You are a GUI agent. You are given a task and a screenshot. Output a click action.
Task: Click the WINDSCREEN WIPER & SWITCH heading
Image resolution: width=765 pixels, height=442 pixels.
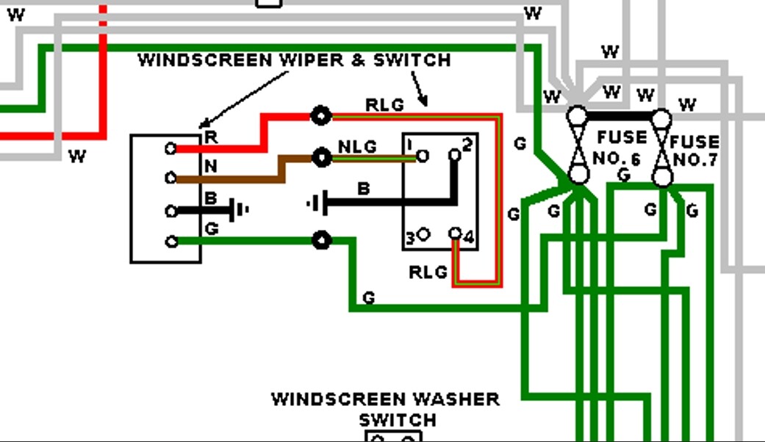[294, 60]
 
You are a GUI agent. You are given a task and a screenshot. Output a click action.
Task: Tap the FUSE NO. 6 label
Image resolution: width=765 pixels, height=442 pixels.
[621, 145]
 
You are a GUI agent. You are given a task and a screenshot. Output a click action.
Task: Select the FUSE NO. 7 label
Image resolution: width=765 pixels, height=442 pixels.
[694, 151]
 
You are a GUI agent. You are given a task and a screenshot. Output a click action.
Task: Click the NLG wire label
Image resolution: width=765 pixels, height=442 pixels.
[357, 147]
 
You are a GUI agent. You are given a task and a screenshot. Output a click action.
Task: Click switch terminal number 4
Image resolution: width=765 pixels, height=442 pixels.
[456, 233]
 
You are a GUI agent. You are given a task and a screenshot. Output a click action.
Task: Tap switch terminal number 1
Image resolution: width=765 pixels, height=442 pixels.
[422, 156]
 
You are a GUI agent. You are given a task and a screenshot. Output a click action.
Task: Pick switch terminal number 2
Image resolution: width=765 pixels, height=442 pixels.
[455, 155]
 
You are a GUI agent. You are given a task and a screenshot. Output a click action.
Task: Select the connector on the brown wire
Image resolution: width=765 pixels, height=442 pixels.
[320, 156]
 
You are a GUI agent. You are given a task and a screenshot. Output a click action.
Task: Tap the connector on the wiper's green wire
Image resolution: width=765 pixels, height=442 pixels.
[320, 240]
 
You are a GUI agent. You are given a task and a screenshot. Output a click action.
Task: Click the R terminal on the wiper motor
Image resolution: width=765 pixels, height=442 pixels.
[170, 148]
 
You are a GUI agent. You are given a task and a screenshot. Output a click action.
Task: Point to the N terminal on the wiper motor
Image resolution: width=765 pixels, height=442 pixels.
[170, 178]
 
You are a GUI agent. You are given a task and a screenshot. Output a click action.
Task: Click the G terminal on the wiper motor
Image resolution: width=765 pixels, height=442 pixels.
[170, 241]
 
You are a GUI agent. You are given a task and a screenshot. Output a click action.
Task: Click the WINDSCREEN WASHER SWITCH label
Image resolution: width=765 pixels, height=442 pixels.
[386, 410]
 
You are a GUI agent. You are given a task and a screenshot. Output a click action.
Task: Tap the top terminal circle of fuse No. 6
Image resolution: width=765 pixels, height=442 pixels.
[578, 115]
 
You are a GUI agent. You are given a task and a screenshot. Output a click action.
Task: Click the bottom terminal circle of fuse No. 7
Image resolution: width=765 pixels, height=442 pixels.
[662, 177]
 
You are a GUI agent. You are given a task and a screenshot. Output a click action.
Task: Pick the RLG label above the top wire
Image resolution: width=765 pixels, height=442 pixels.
[384, 105]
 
